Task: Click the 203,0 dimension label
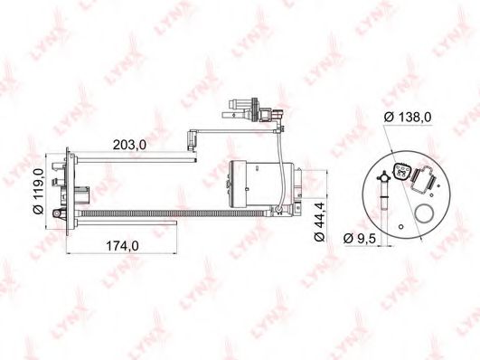coord(129,145)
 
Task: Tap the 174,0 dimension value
coord(122,246)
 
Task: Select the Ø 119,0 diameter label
coord(39,191)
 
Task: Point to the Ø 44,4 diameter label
coord(320,222)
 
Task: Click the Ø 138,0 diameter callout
coord(408,117)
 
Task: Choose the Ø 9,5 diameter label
coord(359,238)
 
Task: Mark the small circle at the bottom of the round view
coord(401,226)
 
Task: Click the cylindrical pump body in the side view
coord(261,184)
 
